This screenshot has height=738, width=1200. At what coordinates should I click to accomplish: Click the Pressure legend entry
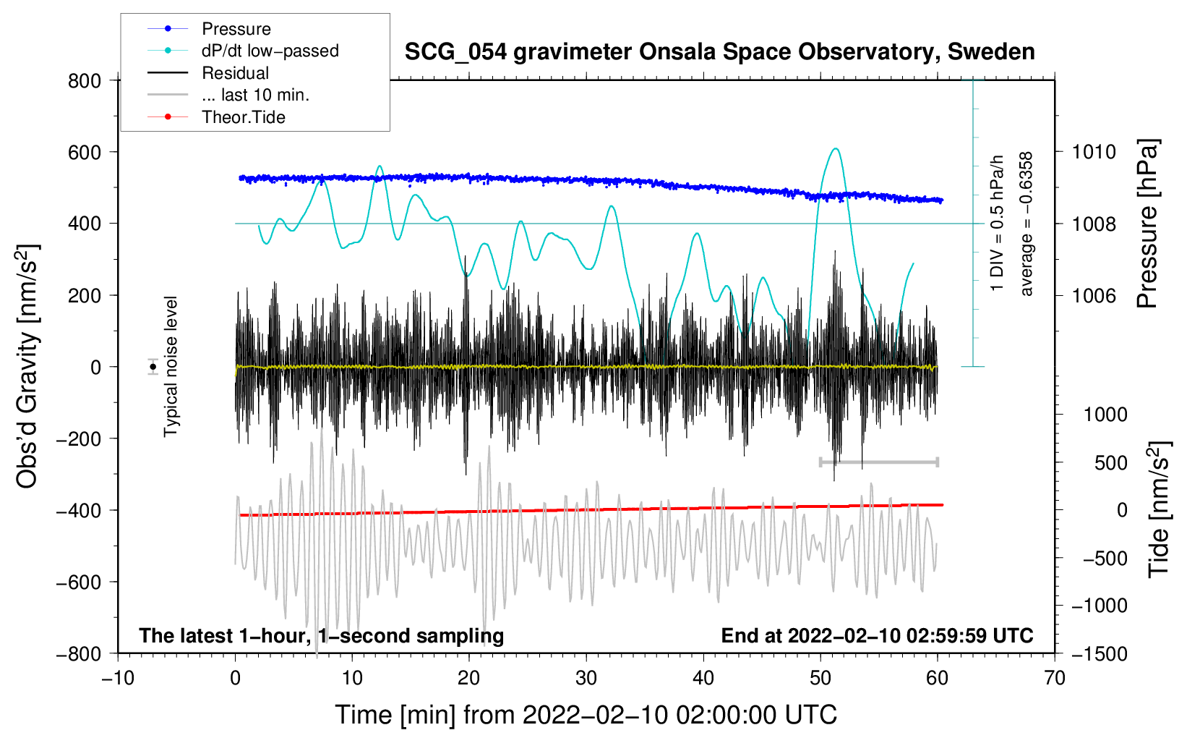coord(236,29)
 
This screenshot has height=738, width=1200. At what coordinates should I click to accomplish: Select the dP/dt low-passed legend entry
coord(270,51)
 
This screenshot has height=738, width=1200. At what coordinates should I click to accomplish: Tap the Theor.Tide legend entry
coord(243,117)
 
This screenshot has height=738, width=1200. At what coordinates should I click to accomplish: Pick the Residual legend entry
coord(235,73)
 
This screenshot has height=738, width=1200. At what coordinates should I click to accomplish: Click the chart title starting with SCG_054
coord(719,52)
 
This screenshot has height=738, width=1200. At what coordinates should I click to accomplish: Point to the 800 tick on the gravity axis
coord(85,80)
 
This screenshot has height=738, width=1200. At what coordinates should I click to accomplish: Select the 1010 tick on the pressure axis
coord(1094,152)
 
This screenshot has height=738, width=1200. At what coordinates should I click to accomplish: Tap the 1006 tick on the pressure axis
coord(1094,295)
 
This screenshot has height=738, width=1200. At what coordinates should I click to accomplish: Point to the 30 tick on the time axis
coord(586,678)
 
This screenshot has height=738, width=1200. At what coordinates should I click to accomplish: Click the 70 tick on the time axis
coord(1055,678)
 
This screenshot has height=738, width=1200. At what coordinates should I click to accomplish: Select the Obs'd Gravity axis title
coord(27,366)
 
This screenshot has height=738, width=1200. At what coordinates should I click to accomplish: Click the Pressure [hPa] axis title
coord(1147,224)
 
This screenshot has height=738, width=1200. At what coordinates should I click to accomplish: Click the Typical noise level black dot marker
coord(153,367)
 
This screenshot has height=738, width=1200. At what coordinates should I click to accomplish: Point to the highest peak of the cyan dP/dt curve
coord(836,149)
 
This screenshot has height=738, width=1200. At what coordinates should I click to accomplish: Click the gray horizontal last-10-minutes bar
coord(878,462)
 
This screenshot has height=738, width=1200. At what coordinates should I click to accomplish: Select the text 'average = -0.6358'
coord(1027,224)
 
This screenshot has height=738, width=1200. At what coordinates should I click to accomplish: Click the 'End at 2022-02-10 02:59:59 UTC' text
coord(877,635)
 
